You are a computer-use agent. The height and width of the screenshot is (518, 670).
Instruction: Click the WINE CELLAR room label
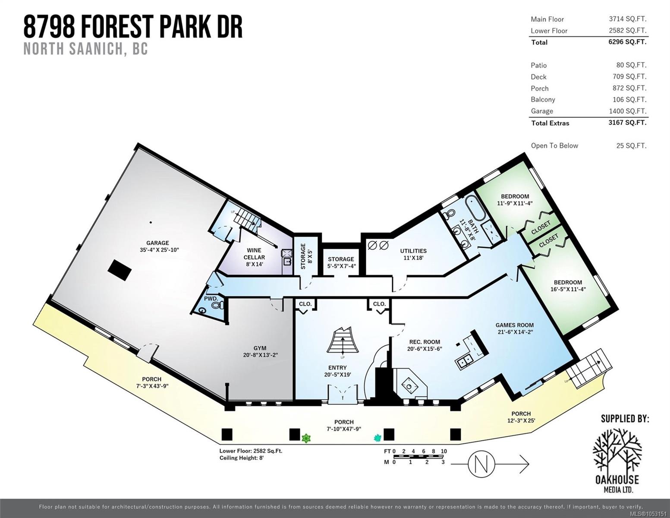(254, 253)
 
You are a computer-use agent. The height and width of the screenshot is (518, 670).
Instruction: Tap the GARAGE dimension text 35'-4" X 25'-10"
(159, 250)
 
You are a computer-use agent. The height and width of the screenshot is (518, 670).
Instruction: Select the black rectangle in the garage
(120, 270)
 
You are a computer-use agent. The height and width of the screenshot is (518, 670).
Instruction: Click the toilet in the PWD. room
(218, 305)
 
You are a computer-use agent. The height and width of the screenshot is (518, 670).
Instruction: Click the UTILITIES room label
(413, 251)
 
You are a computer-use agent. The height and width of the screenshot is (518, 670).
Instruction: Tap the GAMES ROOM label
(515, 325)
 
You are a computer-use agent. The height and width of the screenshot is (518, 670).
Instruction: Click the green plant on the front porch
(306, 438)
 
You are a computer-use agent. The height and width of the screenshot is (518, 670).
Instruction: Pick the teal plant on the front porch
(377, 437)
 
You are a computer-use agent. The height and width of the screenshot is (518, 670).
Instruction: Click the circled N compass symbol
(481, 463)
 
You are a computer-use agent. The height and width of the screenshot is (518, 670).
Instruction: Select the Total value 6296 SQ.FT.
(627, 42)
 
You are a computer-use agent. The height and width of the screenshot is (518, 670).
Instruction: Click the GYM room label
(260, 348)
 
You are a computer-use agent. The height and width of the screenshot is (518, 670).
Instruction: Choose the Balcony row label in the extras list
(543, 100)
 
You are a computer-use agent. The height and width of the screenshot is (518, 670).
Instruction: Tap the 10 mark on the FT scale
(444, 451)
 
